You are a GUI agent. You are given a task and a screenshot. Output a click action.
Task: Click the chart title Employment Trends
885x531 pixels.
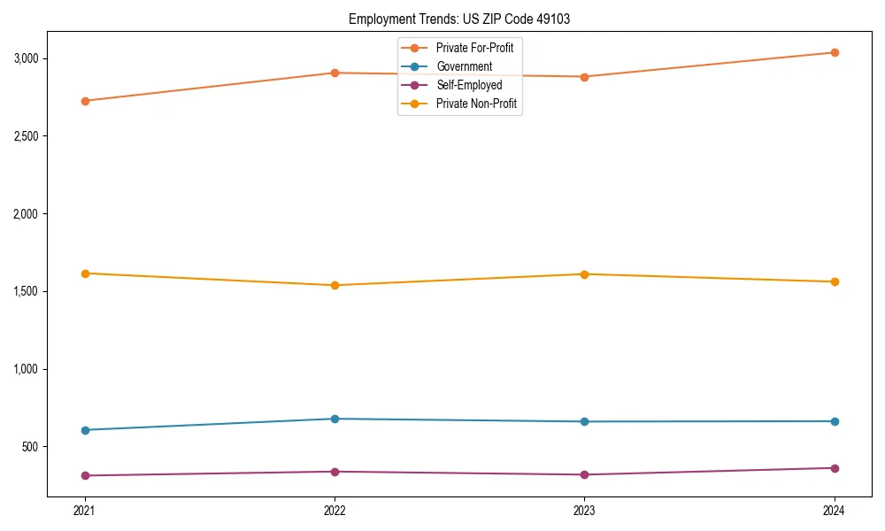coord(458,19)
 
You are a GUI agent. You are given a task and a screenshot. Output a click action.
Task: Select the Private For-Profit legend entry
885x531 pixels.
coord(474,48)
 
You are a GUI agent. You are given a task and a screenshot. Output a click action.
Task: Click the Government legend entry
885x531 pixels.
coord(464,66)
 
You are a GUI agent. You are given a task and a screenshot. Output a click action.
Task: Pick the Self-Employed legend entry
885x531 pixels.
coord(469,85)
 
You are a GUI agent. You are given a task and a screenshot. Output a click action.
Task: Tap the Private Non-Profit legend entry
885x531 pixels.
coord(476,104)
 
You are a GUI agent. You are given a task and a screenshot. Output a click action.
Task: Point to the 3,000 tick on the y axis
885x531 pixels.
coord(26,58)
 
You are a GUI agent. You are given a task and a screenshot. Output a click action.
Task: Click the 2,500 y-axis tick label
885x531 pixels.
coord(26,136)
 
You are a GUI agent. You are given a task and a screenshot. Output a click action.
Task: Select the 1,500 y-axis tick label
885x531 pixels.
coord(26,291)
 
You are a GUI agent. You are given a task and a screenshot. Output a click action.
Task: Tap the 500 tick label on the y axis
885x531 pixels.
coord(31,447)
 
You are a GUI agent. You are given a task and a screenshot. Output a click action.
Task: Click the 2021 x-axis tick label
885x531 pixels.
coord(85,510)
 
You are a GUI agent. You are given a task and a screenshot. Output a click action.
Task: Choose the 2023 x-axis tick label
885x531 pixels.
coord(585,510)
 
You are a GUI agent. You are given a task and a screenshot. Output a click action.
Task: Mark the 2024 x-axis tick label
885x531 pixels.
coord(835,510)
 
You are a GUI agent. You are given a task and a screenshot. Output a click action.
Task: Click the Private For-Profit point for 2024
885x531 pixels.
coord(835,52)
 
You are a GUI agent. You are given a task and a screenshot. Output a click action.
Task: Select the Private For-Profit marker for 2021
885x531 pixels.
coord(85,101)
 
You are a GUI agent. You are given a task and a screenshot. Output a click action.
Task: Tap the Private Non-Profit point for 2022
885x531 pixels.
coord(335,285)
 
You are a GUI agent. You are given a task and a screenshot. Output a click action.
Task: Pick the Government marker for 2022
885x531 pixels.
coord(335,419)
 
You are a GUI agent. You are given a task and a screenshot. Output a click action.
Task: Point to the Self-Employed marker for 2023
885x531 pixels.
coord(585,474)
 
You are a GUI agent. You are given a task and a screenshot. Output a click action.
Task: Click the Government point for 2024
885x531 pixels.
coord(835,421)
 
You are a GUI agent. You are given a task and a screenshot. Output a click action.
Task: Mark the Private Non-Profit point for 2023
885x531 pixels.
coord(585,273)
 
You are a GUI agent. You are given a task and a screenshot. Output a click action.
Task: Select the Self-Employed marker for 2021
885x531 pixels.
coord(85,475)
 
